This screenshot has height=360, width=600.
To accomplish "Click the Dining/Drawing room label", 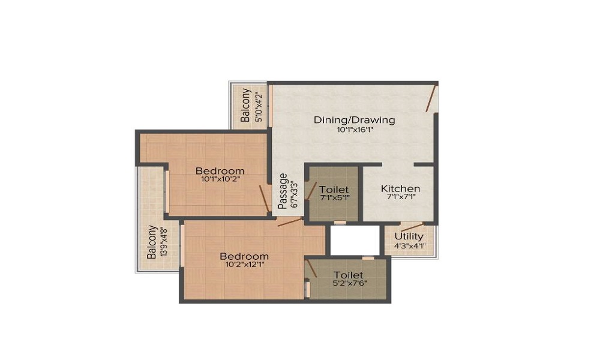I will coord(355,120).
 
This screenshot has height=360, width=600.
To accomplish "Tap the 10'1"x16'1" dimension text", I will coord(355,130).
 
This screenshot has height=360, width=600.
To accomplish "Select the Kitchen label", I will coord(400,189).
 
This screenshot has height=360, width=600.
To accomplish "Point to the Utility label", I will coord(409,236).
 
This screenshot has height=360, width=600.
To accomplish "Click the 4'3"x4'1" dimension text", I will coord(409,245).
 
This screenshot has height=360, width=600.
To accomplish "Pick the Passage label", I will coord(282,191).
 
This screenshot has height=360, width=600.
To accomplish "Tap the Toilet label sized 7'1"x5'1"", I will coord(334,190).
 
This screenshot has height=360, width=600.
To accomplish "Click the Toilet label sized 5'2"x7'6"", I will coord(349,275).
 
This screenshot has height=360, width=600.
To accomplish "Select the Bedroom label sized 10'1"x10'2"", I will coord(220,171).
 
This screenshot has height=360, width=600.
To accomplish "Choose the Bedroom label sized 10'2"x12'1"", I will coord(244,256).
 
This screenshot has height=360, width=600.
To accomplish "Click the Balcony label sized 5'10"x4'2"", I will coord(246,105).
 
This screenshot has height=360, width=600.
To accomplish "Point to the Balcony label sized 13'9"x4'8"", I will coord(152,242).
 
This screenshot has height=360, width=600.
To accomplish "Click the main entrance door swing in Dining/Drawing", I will coord(431,99).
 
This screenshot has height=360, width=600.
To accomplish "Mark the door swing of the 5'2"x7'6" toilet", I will coord(311,268).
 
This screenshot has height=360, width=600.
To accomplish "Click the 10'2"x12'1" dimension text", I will coord(244,265).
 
